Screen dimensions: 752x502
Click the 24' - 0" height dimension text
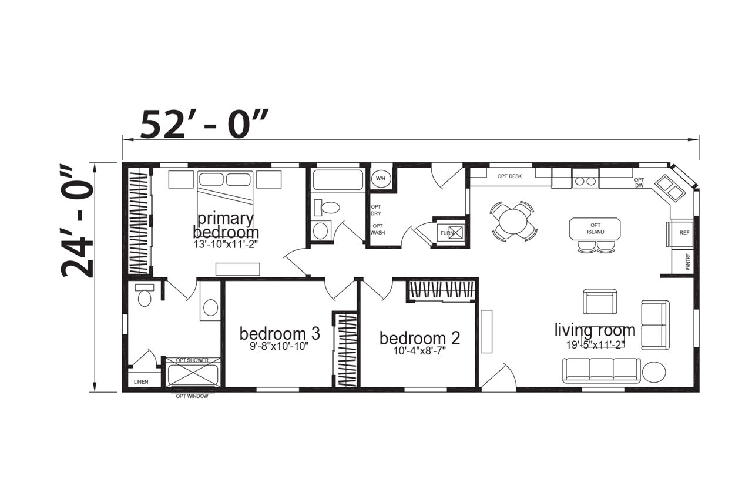click(x=77, y=221)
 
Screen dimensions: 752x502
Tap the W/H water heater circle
click(x=381, y=179)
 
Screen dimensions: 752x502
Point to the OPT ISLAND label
click(x=596, y=229)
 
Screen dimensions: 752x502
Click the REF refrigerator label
click(x=684, y=233)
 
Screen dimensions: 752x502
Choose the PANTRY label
click(x=688, y=262)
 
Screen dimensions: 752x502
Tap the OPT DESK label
click(x=509, y=176)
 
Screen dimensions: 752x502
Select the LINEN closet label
click(x=141, y=382)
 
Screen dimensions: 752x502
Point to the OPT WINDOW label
click(x=192, y=397)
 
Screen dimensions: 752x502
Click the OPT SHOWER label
click(x=192, y=360)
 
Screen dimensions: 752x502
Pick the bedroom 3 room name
click(x=280, y=334)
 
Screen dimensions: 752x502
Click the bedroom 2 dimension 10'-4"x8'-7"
click(x=419, y=351)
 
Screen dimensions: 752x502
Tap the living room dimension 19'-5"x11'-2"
click(x=595, y=345)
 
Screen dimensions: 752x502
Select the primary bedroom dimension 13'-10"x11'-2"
click(x=225, y=245)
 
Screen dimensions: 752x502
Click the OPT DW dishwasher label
click(x=639, y=183)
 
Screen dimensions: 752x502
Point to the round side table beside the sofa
click(x=654, y=372)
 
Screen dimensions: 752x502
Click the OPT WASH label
click(x=378, y=229)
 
